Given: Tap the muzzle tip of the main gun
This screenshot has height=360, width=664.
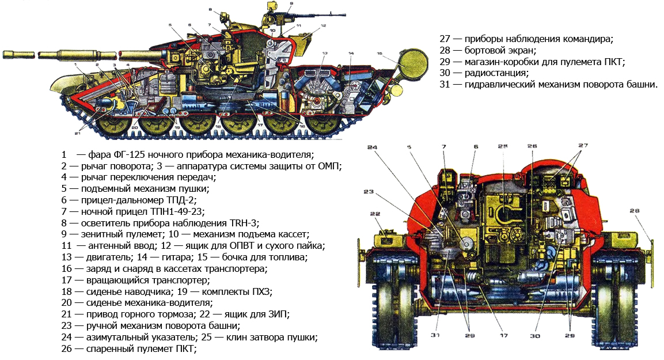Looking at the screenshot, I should pos(6,55).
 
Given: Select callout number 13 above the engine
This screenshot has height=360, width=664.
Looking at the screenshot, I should pos(325,54).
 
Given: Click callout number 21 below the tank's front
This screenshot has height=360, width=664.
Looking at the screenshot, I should pos(77,132).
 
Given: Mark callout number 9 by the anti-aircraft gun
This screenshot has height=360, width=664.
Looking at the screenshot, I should pos(291,4).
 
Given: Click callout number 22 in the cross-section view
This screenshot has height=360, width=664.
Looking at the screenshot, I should pos(375,214).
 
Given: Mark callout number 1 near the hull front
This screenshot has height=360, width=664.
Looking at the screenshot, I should pos(75,66).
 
